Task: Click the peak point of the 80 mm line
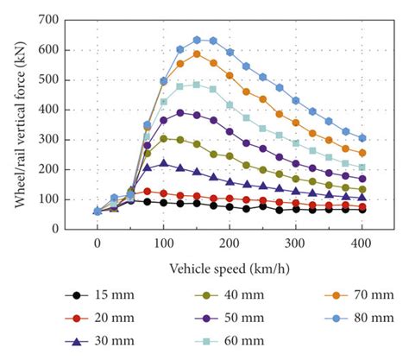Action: (197, 40)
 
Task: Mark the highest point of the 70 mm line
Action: (197, 54)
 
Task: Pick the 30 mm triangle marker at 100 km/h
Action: (163, 162)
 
